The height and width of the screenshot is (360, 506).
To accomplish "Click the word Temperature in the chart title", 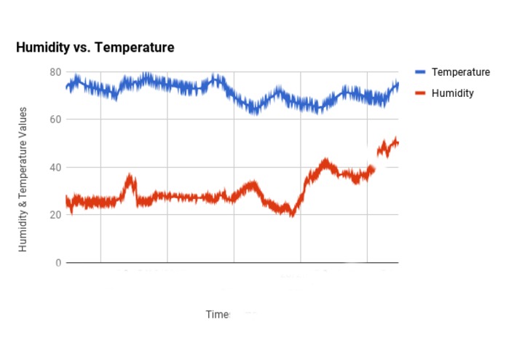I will pos(136,48).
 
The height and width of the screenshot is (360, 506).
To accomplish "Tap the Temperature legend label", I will pos(460,72).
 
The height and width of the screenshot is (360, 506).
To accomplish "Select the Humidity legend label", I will pos(452,93).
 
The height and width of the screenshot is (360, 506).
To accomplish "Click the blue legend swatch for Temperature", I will pos(420,72).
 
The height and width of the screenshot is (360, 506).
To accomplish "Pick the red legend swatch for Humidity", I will pos(420,93).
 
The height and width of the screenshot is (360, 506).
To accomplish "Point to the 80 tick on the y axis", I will pos(55,71).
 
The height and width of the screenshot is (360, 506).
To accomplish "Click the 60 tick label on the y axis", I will pos(55,120).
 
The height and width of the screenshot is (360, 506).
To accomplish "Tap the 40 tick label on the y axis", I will pos(55,167).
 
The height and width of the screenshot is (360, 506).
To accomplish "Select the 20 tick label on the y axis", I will pos(55,215).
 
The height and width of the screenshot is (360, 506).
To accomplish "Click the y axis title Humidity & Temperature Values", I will pos(23,179).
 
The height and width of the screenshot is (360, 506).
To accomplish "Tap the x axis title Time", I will pos(217,314).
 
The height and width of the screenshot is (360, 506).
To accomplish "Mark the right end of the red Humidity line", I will pos(398,142).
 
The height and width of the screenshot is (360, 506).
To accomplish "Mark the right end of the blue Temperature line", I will pos(398,85).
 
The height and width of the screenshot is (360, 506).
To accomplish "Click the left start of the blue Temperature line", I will pos(66,87).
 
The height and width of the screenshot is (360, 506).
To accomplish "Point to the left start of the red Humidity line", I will pos(66,201).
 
